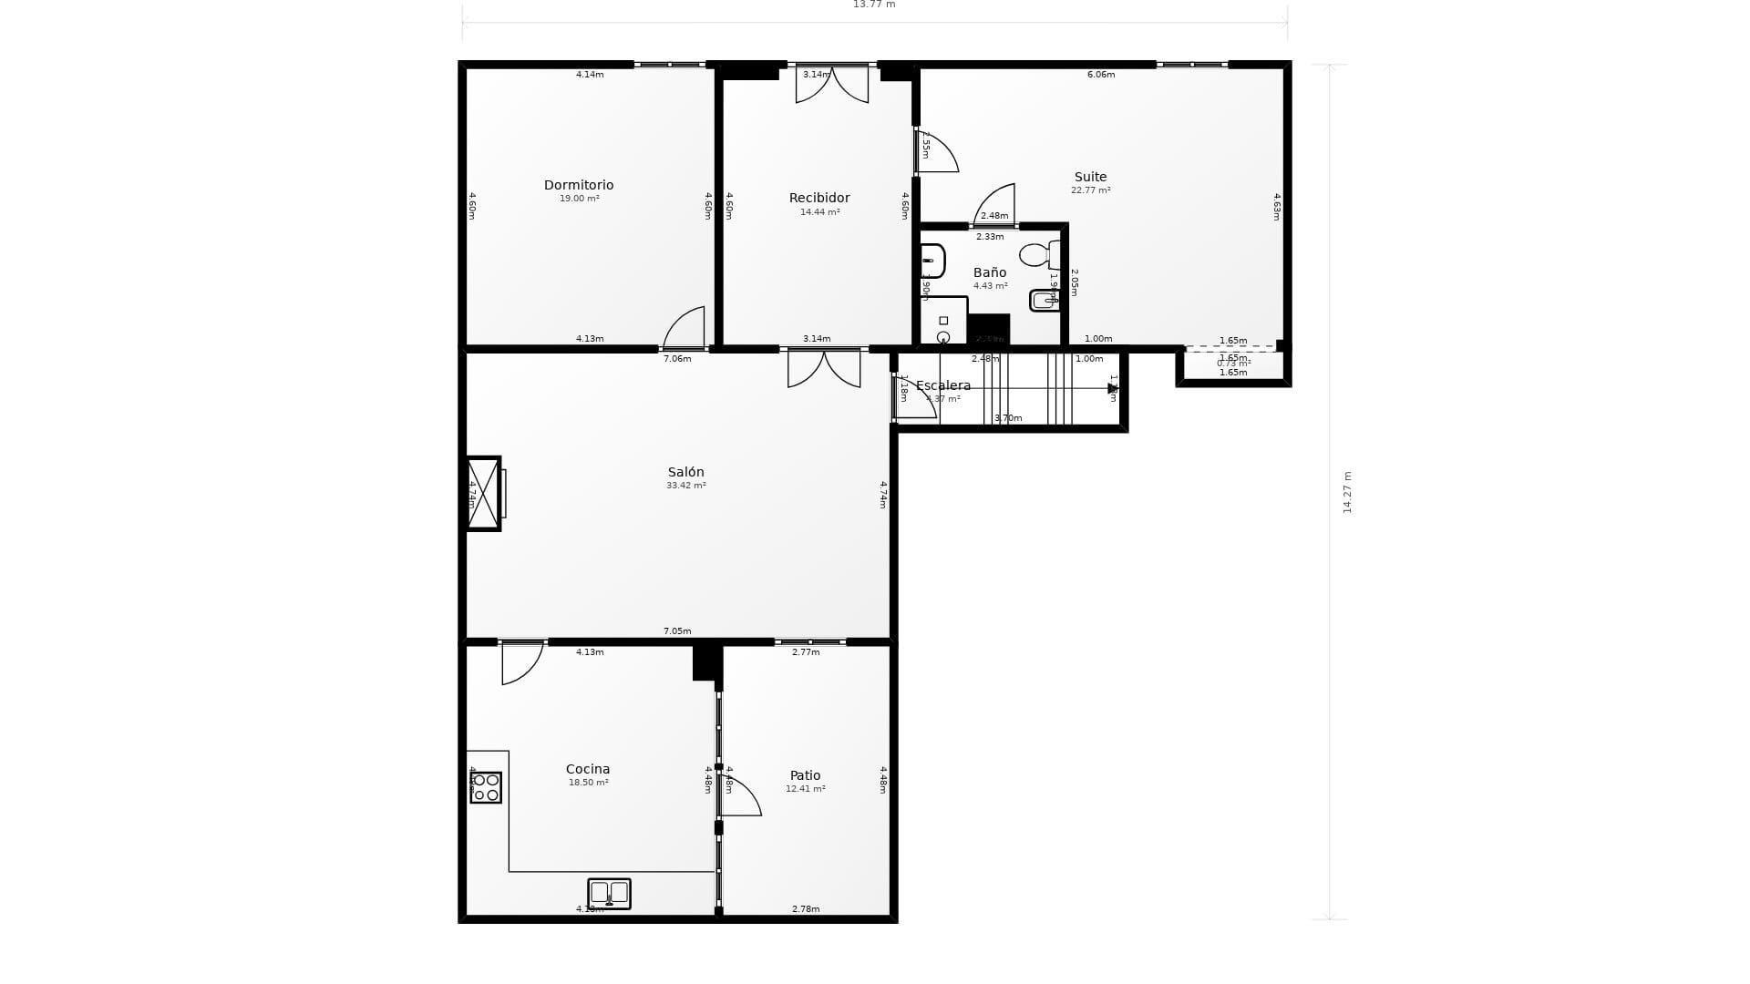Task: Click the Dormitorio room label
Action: point(579,185)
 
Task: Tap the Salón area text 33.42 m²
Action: point(685,486)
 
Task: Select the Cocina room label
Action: point(588,769)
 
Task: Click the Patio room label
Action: point(805,775)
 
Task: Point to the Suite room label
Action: point(1090,177)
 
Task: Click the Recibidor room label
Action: point(819,198)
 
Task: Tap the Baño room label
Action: point(990,272)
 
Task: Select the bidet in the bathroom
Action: point(1044,300)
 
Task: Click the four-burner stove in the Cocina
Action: point(486,787)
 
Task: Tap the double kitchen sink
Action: point(609,893)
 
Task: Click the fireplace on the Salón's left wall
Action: point(483,493)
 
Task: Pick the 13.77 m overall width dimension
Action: point(874,5)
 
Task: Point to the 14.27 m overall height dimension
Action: point(1347,492)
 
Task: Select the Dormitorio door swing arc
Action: point(685,328)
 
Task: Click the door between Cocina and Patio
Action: point(739,794)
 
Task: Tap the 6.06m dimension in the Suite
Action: point(1101,75)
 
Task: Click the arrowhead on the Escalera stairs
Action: point(1112,388)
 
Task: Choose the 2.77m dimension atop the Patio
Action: point(806,652)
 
